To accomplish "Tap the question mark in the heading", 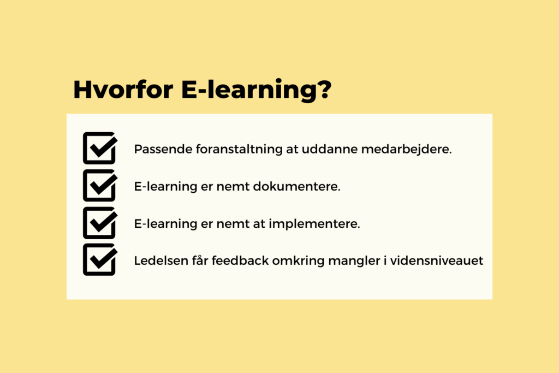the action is click(x=324, y=89).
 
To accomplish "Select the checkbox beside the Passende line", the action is click(x=100, y=148).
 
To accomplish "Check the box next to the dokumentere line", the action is click(x=100, y=186).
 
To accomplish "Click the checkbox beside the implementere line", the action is click(x=100, y=223).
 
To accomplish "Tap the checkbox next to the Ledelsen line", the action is click(x=100, y=259).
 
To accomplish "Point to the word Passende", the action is click(x=163, y=149).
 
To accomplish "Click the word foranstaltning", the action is click(x=239, y=150).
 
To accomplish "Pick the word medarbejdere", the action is click(x=406, y=150).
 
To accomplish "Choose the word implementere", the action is click(x=314, y=223).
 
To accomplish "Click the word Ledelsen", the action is click(x=161, y=260).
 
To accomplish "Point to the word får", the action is click(x=200, y=260).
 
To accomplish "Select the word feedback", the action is click(x=240, y=260).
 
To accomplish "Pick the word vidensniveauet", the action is click(x=437, y=260).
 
